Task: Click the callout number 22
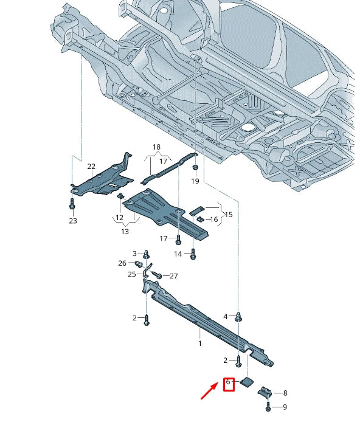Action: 91,167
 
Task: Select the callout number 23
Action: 73,221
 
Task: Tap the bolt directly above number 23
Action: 72,204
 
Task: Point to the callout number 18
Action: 156,147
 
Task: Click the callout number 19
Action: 195,181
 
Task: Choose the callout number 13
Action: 125,231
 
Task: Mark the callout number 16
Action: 213,219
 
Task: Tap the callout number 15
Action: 229,215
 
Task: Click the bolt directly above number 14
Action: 193,254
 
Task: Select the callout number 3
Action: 135,253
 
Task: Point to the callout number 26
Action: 122,263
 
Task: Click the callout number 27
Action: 174,276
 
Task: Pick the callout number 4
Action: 225,316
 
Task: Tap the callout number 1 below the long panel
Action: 199,344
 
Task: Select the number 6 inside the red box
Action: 229,383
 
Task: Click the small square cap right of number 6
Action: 248,382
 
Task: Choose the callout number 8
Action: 285,393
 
